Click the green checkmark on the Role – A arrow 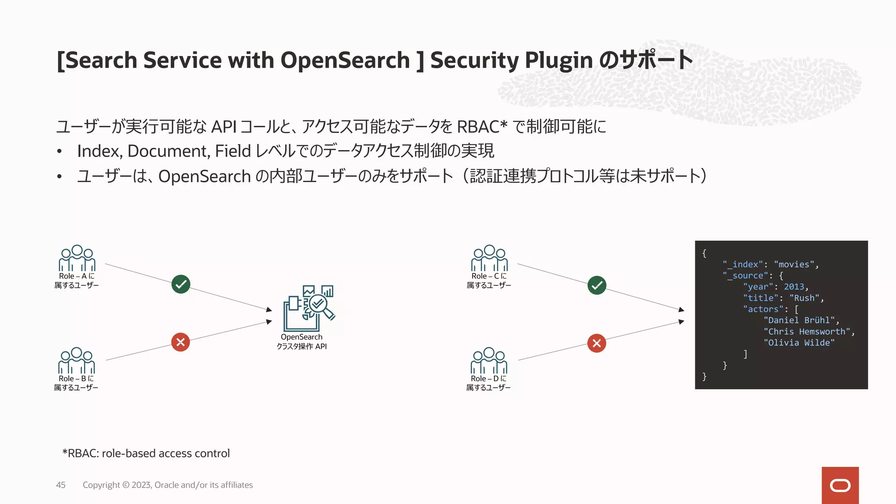coord(181,284)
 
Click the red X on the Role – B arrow coord(180,342)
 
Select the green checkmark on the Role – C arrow coord(597,285)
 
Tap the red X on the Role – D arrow coord(596,343)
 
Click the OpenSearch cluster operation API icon coord(309,308)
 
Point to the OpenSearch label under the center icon coord(301,337)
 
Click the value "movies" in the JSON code coord(794,264)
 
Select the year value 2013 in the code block coord(794,287)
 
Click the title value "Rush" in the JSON coord(804,298)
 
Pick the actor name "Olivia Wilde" coord(799,343)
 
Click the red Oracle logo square coord(840,485)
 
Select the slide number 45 coord(61,485)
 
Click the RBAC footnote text coord(146,453)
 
